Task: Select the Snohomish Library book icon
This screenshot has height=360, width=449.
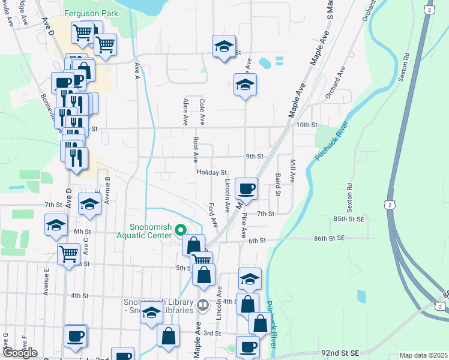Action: click(x=202, y=306)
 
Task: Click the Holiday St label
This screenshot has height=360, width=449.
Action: click(x=211, y=172)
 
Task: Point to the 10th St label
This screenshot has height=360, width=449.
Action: click(x=306, y=124)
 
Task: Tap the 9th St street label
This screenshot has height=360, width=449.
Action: click(x=255, y=156)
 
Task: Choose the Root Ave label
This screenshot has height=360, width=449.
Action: click(x=195, y=149)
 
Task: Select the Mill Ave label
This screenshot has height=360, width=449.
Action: click(x=292, y=171)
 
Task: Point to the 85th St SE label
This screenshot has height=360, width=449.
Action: click(x=348, y=219)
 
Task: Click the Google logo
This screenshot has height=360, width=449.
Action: click(x=20, y=353)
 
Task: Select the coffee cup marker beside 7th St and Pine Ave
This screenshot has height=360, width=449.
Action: click(x=247, y=190)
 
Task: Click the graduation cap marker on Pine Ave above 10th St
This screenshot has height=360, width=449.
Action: click(x=245, y=85)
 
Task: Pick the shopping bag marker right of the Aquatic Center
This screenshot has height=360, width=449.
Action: click(x=193, y=245)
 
